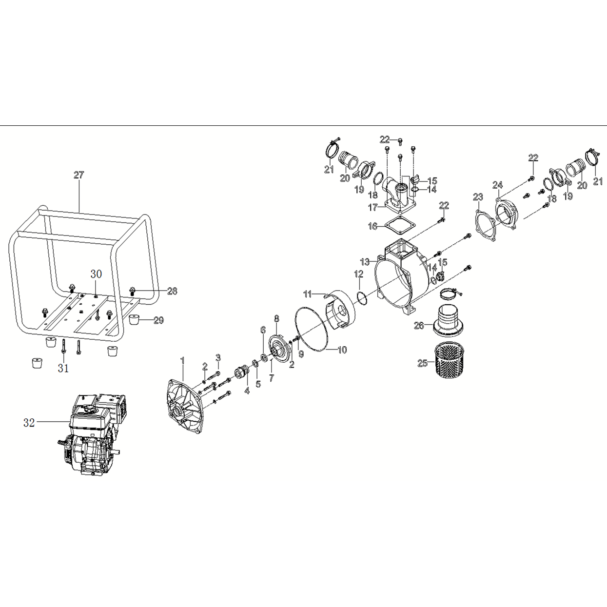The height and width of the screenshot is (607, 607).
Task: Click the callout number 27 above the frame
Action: tap(79, 175)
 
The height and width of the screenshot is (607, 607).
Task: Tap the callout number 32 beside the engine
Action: tap(29, 423)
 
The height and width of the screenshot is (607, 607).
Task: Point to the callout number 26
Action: tap(419, 326)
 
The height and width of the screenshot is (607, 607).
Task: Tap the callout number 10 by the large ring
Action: tap(342, 350)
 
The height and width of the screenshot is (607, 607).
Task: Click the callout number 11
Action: tap(308, 294)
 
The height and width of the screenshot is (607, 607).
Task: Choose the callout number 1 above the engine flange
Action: tap(182, 360)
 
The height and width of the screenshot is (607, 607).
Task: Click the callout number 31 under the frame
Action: tap(63, 369)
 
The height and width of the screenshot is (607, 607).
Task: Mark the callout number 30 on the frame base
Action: tap(96, 274)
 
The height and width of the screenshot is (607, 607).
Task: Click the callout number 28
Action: tap(172, 291)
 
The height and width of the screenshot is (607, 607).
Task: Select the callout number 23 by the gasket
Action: tap(478, 197)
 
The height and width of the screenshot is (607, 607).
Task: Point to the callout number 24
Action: tap(497, 185)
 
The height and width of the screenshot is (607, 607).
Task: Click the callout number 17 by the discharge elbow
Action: tap(373, 208)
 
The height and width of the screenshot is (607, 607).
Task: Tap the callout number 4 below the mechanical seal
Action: tap(247, 391)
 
